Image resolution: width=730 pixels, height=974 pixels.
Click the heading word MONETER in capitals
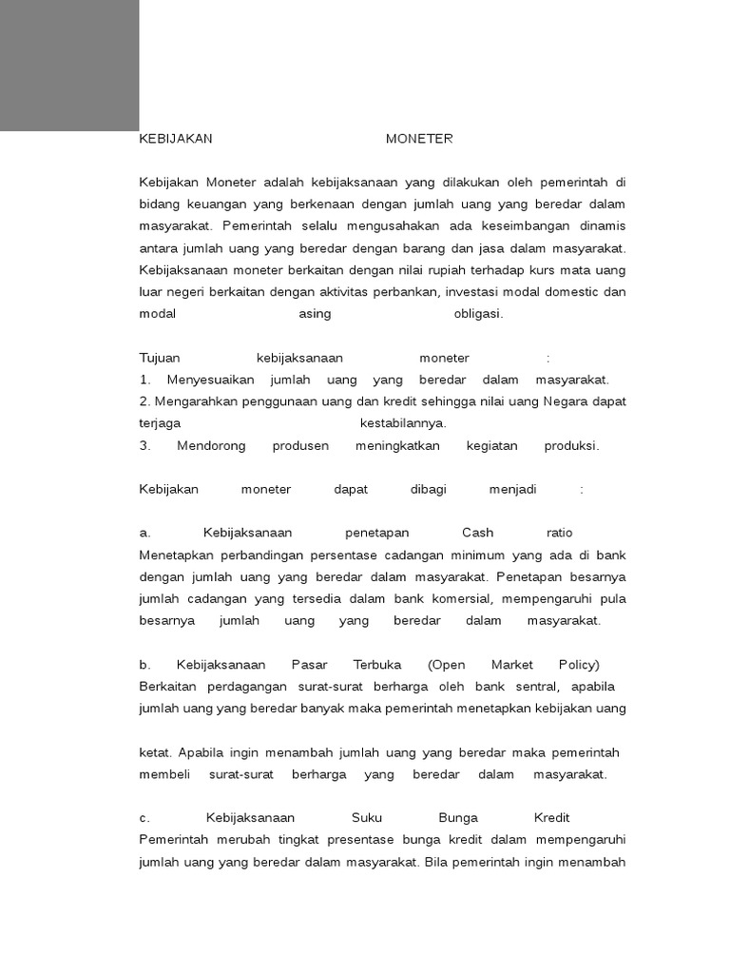[x=419, y=139]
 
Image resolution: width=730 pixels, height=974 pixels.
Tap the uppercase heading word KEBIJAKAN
[x=176, y=139]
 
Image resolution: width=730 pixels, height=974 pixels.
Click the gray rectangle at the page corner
[x=69, y=65]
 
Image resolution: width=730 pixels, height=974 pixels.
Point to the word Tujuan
[x=160, y=358]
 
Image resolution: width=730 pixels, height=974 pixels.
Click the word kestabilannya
[x=403, y=423]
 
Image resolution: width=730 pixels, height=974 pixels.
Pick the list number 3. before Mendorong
[x=144, y=445]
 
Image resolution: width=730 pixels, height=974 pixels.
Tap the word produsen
[x=300, y=445]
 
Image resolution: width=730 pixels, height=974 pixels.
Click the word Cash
[x=478, y=533]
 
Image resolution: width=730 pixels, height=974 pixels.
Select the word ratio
[x=560, y=533]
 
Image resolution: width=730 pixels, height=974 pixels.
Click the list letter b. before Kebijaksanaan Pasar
[x=144, y=665]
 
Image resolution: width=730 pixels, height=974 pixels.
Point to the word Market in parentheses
[x=512, y=665]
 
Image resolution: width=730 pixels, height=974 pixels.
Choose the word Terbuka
[x=377, y=665]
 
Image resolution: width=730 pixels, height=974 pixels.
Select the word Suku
[x=367, y=818]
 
